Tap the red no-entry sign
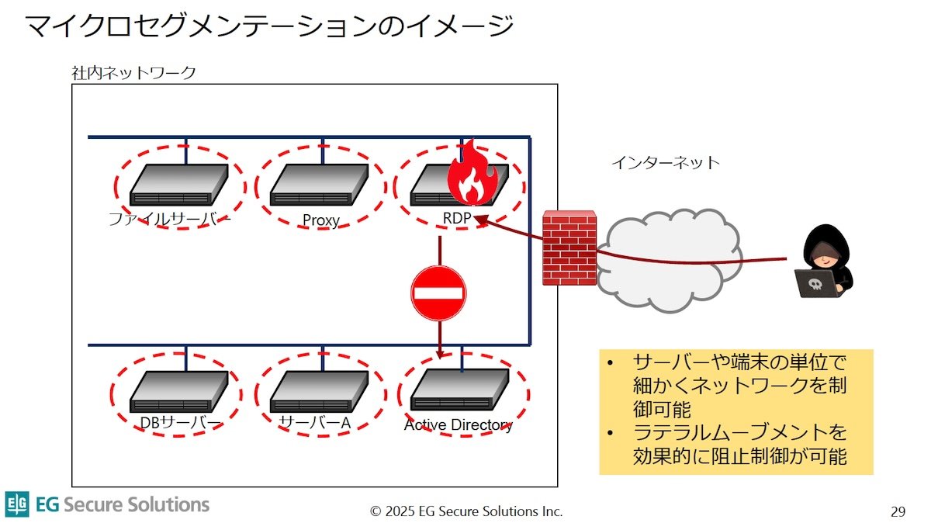click(438, 293)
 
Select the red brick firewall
click(569, 248)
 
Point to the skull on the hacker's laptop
click(815, 284)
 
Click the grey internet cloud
click(669, 260)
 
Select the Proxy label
click(321, 220)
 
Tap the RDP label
click(457, 218)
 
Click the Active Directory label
click(458, 425)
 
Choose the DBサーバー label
click(180, 423)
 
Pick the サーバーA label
click(315, 423)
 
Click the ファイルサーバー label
click(169, 219)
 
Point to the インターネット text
click(666, 162)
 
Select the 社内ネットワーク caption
click(133, 73)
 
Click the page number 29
click(898, 511)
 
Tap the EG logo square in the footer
click(17, 504)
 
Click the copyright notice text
click(466, 511)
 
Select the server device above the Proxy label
click(319, 185)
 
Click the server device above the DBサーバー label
click(179, 392)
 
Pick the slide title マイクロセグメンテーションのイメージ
click(269, 26)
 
